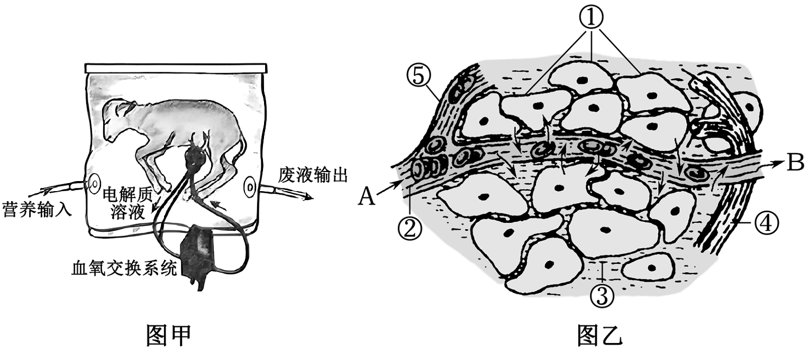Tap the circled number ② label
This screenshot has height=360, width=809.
click(x=410, y=228)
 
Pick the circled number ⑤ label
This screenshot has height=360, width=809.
click(x=419, y=76)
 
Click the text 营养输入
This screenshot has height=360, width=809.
click(x=37, y=210)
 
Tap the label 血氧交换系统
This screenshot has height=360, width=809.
click(x=124, y=269)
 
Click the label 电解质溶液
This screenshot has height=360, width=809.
click(x=128, y=203)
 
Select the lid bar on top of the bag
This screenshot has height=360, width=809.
click(x=176, y=68)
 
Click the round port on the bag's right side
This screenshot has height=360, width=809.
click(x=250, y=187)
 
